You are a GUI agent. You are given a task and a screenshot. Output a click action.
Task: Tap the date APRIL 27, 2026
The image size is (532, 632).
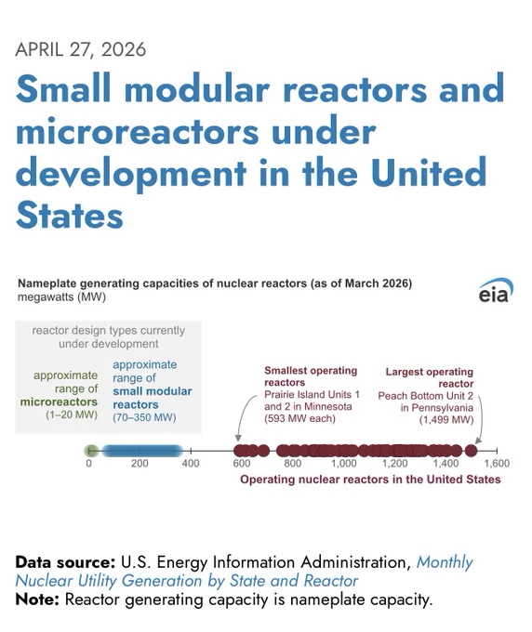[x=81, y=49]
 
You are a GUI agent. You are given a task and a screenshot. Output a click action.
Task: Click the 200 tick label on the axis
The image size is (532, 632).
[x=140, y=464]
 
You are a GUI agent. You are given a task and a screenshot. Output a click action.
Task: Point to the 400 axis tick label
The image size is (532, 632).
[x=191, y=464]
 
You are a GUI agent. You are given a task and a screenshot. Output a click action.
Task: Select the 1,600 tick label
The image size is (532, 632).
[x=497, y=464]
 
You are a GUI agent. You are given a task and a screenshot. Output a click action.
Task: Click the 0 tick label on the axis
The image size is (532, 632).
[x=88, y=464]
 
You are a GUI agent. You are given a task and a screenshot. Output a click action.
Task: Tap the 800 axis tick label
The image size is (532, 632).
[x=292, y=464]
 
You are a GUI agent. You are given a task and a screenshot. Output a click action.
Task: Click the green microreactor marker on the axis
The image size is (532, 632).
[x=91, y=451]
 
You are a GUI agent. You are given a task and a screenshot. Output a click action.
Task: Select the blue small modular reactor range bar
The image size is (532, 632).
[x=141, y=451]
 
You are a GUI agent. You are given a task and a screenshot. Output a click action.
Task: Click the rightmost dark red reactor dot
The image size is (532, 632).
[x=472, y=451]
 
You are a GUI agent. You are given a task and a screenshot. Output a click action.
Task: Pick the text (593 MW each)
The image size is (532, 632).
[x=299, y=418]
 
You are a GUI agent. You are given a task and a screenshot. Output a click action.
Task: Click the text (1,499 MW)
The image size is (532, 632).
[x=446, y=419]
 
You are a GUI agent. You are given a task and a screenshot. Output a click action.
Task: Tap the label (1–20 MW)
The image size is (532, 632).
[x=72, y=415]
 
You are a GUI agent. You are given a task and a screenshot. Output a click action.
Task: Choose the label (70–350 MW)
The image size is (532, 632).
[x=144, y=417]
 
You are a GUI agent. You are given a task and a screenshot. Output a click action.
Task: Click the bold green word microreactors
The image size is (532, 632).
[x=59, y=402]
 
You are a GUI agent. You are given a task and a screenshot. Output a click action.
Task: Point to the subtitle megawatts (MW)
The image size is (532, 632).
[x=61, y=297]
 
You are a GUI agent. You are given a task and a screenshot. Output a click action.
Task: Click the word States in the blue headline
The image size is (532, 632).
[x=70, y=216]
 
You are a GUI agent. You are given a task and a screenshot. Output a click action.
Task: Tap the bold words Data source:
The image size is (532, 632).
[x=65, y=562]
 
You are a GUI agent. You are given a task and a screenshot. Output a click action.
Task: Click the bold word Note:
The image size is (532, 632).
[x=37, y=599]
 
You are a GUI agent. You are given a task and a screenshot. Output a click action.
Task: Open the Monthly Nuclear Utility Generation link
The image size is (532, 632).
[x=244, y=572]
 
